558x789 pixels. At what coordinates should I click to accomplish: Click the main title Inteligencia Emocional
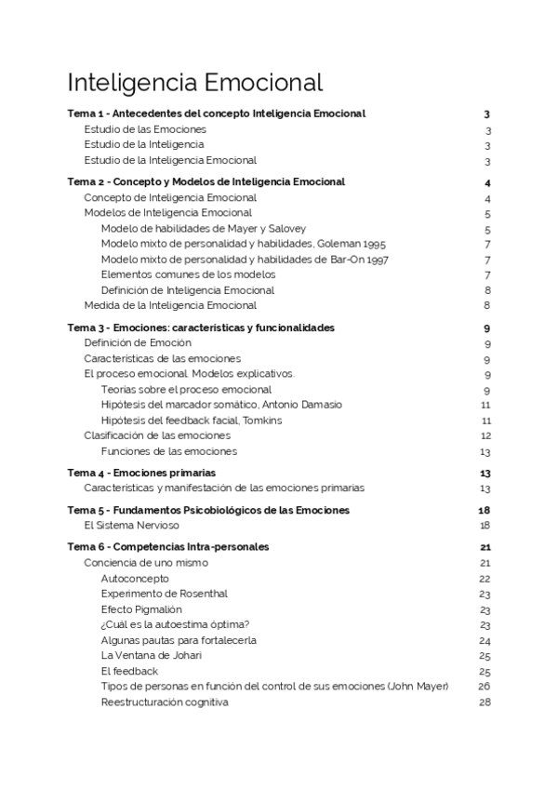195,82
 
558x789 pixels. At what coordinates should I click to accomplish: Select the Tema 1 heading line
217,114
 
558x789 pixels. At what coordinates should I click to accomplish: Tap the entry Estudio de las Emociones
144,129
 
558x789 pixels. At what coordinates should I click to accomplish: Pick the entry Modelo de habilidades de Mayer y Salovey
204,228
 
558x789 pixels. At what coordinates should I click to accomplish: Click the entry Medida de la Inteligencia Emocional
170,305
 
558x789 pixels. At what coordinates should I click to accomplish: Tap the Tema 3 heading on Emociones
202,328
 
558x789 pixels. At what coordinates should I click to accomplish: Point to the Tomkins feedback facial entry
192,421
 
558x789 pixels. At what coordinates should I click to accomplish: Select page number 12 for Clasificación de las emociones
485,435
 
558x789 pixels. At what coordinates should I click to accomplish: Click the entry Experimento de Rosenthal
164,594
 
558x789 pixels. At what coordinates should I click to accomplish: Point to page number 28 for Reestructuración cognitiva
485,702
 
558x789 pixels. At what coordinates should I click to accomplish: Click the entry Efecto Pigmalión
141,609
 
